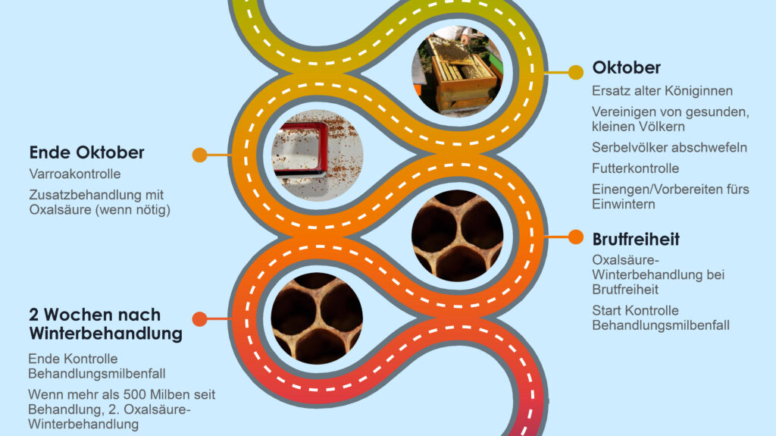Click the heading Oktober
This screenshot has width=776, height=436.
626,68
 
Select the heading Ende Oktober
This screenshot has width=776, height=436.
86,152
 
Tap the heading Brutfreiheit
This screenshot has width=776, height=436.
636,240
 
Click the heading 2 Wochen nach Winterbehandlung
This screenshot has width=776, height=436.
105,324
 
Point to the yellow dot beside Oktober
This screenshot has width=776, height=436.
576,72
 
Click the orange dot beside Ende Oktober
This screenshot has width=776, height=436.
199,155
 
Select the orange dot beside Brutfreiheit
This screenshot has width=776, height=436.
576,237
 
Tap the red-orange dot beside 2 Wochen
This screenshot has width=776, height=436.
199,319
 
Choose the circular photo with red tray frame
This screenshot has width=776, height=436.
318,155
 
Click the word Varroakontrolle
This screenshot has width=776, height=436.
74,174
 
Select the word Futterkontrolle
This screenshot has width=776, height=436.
635,168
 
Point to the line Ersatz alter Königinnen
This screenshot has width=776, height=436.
662,91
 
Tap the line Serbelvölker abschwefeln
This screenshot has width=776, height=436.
669,147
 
